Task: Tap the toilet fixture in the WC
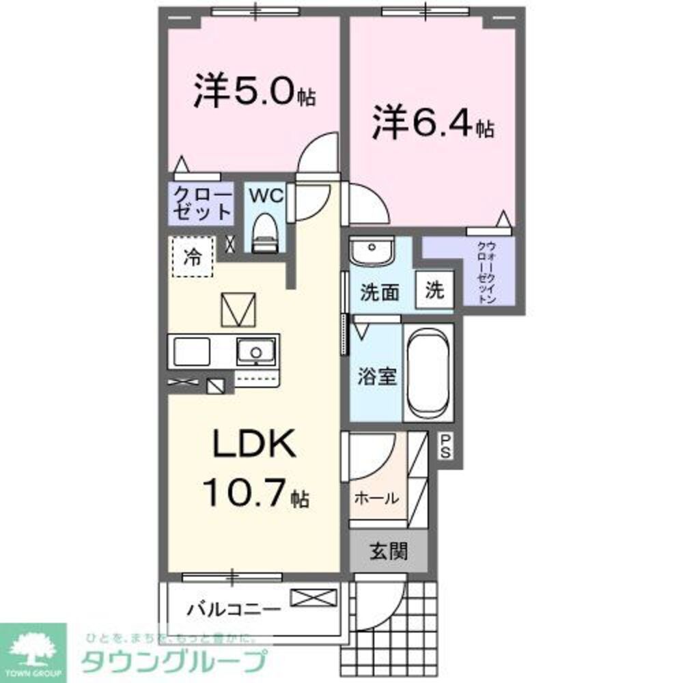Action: (x=264, y=232)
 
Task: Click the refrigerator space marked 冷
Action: (x=193, y=257)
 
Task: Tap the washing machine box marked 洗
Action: (x=435, y=290)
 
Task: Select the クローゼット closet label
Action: (x=202, y=202)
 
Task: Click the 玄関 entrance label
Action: (x=389, y=551)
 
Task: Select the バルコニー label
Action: (x=233, y=607)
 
